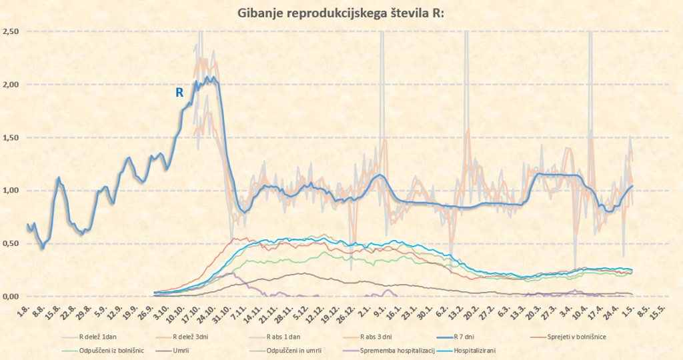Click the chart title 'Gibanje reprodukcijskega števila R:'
tap(341, 14)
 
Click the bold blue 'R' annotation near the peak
tap(179, 93)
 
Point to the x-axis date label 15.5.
tap(657, 312)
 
